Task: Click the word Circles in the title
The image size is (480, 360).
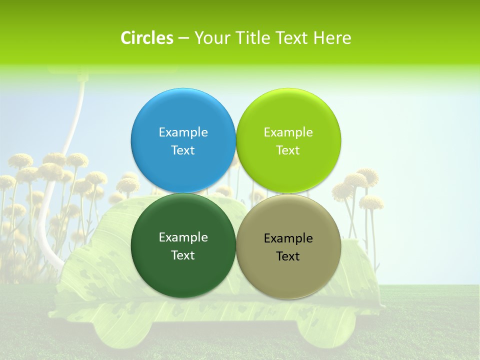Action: point(146,38)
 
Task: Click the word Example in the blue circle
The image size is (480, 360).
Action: point(183,132)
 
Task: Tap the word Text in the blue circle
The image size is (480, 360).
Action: point(183,150)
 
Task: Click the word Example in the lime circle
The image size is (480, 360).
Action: point(288,132)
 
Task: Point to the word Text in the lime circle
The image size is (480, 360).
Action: point(288,150)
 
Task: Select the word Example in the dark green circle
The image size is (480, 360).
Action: point(183,237)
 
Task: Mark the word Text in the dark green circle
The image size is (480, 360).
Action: point(183,255)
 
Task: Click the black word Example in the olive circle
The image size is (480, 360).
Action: point(288,238)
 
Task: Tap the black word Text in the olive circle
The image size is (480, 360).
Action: point(288,256)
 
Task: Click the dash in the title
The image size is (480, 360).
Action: point(183,38)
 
